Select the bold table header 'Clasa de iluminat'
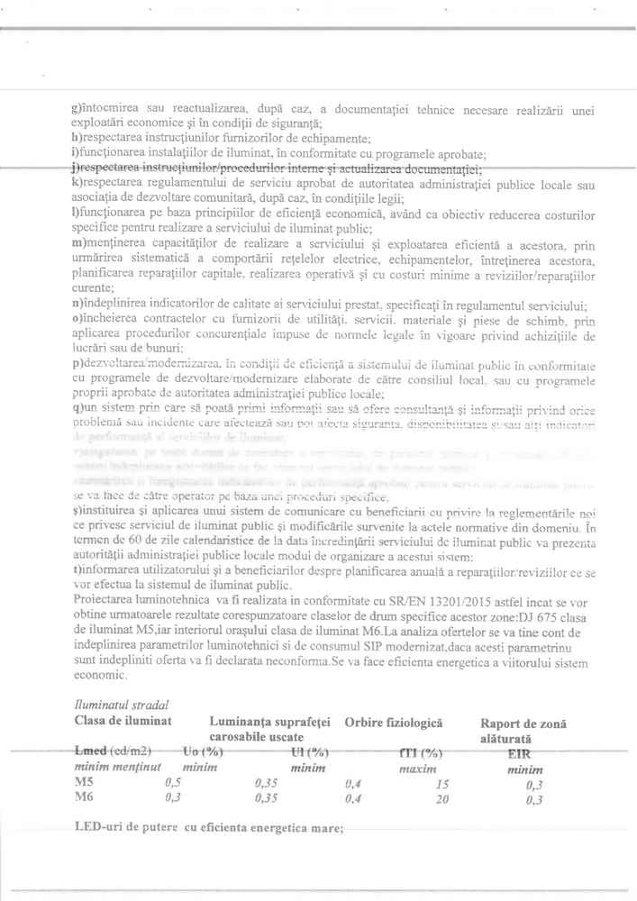click(x=123, y=722)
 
